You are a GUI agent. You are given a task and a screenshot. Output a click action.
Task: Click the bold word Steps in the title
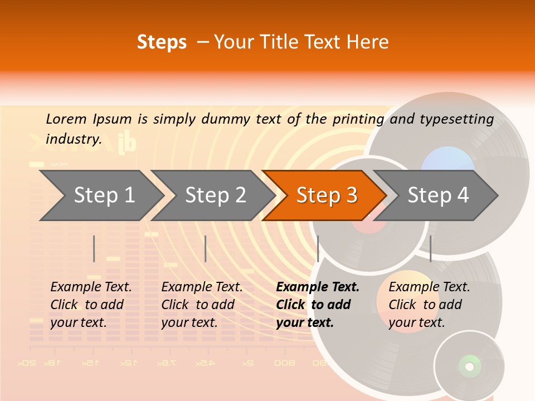click(162, 42)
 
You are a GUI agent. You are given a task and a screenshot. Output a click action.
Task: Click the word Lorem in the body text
click(66, 119)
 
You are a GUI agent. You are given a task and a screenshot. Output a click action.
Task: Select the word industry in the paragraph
click(74, 139)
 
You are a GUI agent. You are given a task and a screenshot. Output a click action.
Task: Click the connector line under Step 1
click(94, 248)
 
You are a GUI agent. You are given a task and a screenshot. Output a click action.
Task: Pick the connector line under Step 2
click(206, 248)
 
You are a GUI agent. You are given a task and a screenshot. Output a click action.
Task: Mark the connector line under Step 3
click(318, 248)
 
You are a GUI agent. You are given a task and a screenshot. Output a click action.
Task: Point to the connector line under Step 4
click(430, 248)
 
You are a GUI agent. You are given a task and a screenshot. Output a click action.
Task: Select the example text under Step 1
click(91, 305)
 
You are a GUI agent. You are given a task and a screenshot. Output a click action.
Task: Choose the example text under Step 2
click(202, 305)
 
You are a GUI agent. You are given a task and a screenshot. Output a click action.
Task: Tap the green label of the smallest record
click(469, 366)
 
